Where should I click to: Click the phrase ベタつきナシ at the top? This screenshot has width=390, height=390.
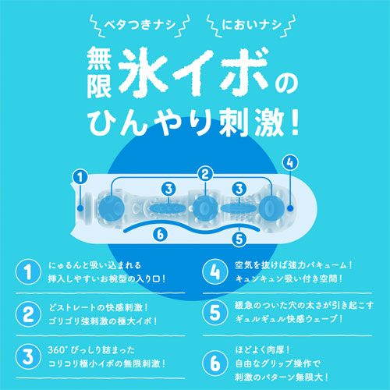tap(140, 25)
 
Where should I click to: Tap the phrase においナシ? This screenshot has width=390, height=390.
tap(252, 25)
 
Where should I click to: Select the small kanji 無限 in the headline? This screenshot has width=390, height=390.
tap(99, 73)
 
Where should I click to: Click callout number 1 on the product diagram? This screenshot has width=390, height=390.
tap(80, 178)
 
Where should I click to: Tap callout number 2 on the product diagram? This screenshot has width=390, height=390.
tap(205, 174)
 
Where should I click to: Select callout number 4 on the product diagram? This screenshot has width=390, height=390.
tap(290, 162)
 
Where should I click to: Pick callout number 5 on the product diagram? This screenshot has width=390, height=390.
tap(239, 239)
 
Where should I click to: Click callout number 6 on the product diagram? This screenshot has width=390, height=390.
tap(160, 234)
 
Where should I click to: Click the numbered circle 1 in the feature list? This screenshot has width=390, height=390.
tap(28, 271)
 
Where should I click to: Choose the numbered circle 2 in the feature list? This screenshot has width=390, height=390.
tap(28, 314)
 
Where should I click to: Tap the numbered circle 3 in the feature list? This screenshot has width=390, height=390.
tap(28, 356)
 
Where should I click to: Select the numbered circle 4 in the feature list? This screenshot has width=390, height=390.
tap(215, 271)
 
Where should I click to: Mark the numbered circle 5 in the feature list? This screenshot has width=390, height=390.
tap(215, 312)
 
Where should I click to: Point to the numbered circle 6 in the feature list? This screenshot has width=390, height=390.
tap(215, 363)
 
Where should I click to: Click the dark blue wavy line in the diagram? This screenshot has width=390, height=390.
tap(193, 228)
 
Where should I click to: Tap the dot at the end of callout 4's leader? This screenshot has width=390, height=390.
tap(290, 208)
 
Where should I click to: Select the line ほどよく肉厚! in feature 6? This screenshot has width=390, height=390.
tap(262, 350)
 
